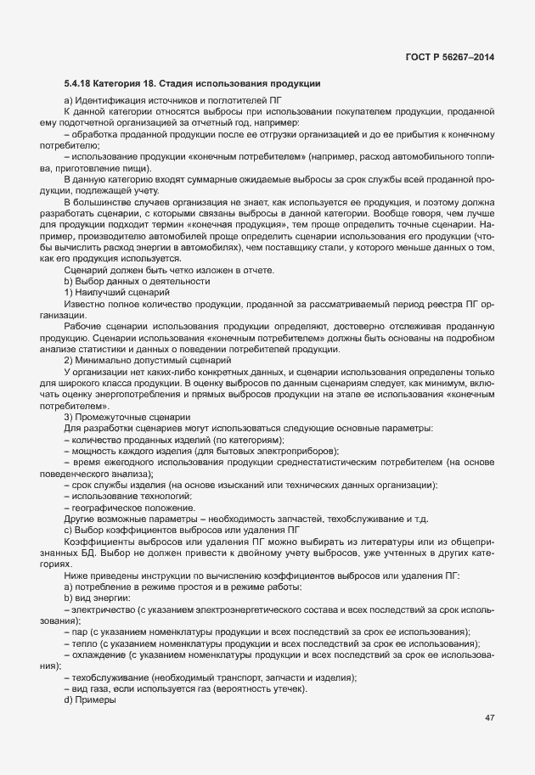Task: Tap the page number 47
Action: [x=489, y=717]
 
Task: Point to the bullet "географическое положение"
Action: [x=139, y=507]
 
